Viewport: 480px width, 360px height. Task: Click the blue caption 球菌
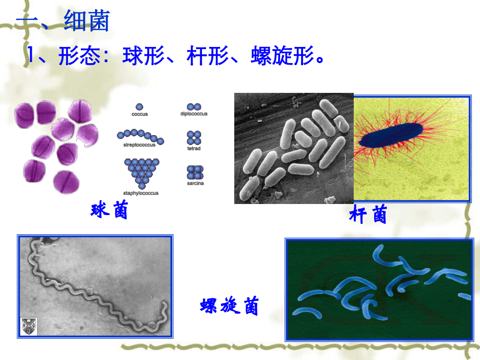(x=110, y=211)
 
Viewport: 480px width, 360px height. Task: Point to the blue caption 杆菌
(x=368, y=214)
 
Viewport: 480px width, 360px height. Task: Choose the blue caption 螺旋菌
(x=230, y=306)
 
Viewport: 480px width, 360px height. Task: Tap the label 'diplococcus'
(x=194, y=114)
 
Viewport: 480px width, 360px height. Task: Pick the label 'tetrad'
(x=194, y=149)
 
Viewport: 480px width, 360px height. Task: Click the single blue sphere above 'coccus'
(x=139, y=106)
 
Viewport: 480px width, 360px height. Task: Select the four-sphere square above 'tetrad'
(x=194, y=138)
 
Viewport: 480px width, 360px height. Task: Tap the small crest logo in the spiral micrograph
(x=27, y=326)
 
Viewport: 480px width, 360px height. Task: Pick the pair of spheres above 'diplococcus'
(x=194, y=106)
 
